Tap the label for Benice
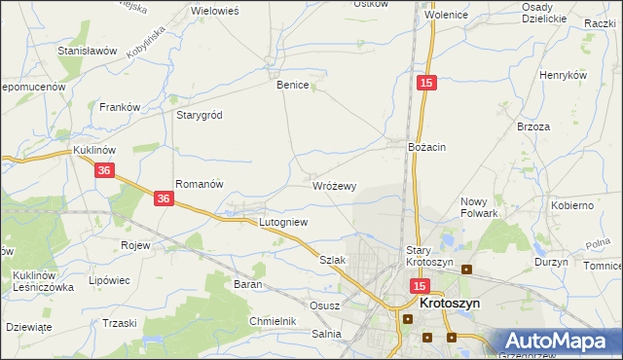click(x=292, y=85)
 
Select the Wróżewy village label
click(x=335, y=185)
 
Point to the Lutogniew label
click(x=283, y=222)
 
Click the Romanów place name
click(x=200, y=184)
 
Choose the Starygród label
click(x=199, y=115)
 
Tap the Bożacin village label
click(x=426, y=147)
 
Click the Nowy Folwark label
click(x=479, y=207)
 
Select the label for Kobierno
click(x=572, y=206)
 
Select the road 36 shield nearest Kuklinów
click(x=107, y=170)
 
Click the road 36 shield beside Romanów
click(x=164, y=198)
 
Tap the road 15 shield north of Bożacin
click(x=425, y=85)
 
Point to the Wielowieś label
click(x=216, y=10)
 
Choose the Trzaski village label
click(x=120, y=323)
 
